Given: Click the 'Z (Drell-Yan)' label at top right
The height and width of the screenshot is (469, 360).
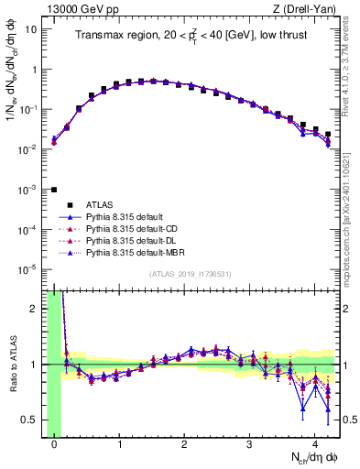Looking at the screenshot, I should pos(308,8).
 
